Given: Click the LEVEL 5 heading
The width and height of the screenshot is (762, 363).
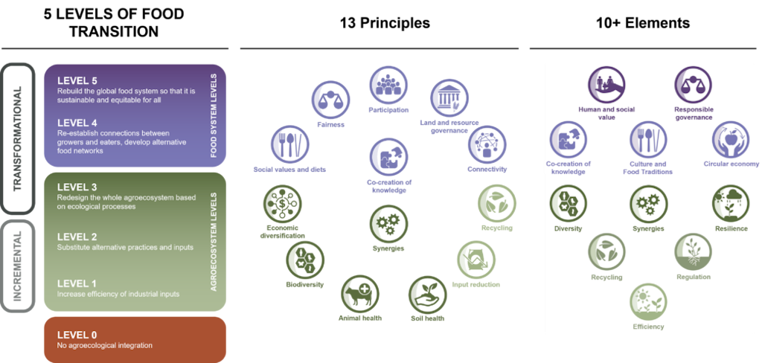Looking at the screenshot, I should tap(77, 80).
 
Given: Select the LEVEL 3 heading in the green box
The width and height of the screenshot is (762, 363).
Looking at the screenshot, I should tap(77, 187).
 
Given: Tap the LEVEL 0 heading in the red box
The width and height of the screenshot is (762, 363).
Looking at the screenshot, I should tap(77, 335).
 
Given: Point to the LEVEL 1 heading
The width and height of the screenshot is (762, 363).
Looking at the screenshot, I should tap(77, 283).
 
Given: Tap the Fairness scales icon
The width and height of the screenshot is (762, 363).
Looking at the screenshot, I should tap(330, 100).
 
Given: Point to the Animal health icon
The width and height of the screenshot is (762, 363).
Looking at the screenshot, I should tap(360, 294).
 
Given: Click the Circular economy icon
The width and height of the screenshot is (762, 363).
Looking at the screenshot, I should tap(731, 140).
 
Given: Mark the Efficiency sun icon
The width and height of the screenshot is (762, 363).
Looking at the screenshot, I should tap(649, 302).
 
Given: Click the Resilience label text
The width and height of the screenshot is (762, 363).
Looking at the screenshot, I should tap(731, 228).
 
